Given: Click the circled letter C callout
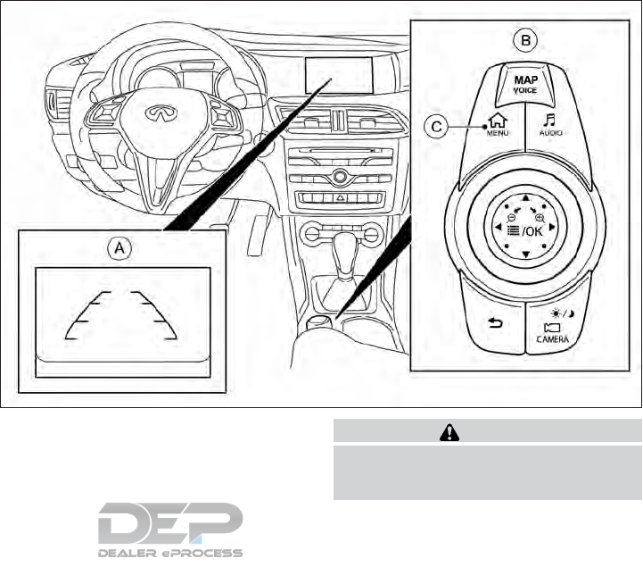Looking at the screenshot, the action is point(434,129).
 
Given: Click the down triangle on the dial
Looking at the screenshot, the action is point(526,256).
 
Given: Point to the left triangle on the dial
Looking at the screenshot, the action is point(496,228).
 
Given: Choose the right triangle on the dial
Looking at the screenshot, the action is point(556,228).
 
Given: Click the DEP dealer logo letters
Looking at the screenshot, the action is point(170,522).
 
